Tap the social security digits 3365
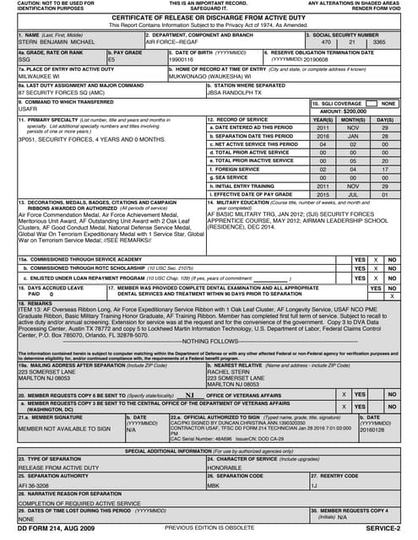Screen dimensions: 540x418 pos(380,40)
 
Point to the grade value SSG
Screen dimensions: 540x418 pos(25,61)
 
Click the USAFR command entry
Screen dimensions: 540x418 pos(29,110)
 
